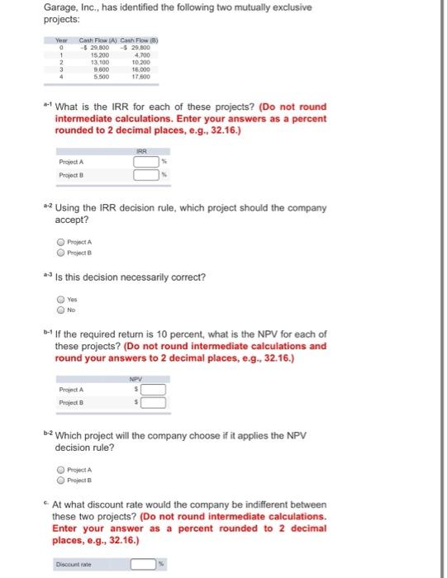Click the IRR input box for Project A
145,162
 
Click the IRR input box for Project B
145,174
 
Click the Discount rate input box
145,564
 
